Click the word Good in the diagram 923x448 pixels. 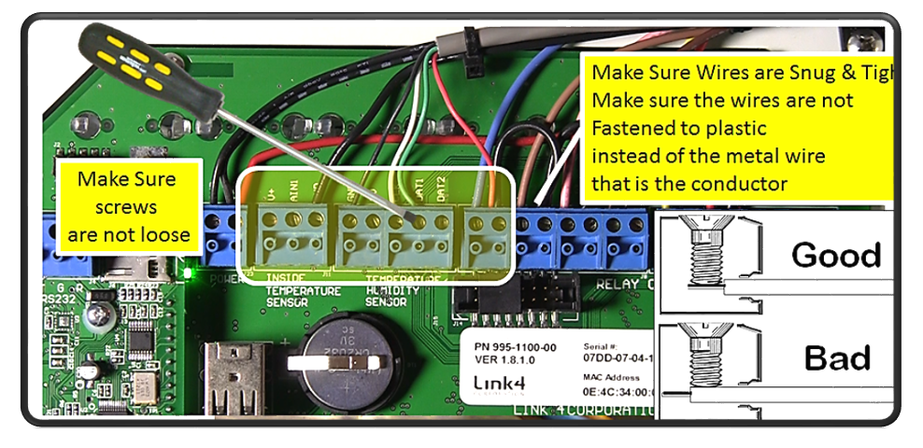[835, 254]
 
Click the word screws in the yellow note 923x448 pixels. [126, 206]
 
